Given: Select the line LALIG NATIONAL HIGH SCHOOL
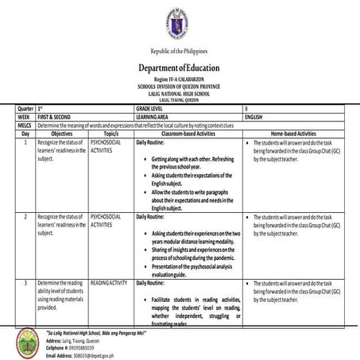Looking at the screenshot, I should click(x=180, y=94).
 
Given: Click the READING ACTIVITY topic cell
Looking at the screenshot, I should click(x=109, y=283).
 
